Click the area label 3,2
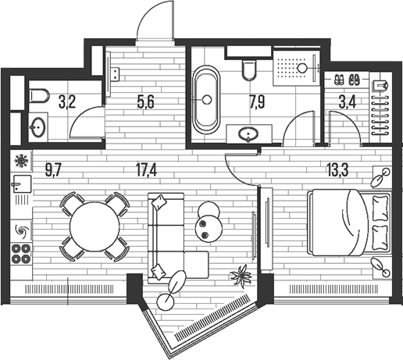(x=67, y=102)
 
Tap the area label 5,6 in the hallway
(x=146, y=102)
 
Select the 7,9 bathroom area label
(x=257, y=102)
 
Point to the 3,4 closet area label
(x=348, y=102)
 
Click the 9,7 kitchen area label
(x=53, y=171)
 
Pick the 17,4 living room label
(x=147, y=171)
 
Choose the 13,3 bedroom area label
(x=338, y=171)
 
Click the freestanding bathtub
(x=207, y=99)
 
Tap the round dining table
(x=95, y=226)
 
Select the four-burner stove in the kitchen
(x=21, y=253)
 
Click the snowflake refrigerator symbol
(x=21, y=161)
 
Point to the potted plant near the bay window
(x=241, y=276)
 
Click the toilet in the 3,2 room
(x=39, y=96)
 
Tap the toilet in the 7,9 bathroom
(x=249, y=70)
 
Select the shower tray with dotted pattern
(x=296, y=68)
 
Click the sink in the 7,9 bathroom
(x=248, y=134)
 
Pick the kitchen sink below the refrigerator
(x=21, y=184)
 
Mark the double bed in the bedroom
(x=349, y=223)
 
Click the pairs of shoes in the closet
(x=347, y=80)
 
